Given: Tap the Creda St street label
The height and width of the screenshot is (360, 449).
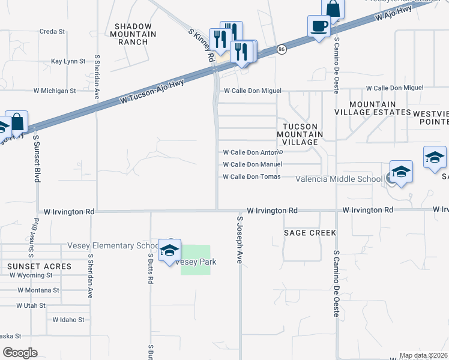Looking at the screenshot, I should pyautogui.click(x=52, y=31).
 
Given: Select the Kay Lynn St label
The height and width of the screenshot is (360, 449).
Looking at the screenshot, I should pyautogui.click(x=65, y=61).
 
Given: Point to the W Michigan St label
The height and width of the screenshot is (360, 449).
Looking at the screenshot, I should pyautogui.click(x=55, y=91).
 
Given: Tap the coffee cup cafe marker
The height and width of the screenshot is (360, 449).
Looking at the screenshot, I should pyautogui.click(x=319, y=26).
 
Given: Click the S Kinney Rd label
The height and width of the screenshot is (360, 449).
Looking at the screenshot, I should pyautogui.click(x=202, y=46).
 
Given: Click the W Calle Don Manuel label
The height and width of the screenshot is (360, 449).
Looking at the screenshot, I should pyautogui.click(x=252, y=164).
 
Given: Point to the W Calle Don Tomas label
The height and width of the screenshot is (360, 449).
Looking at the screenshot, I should pyautogui.click(x=252, y=177).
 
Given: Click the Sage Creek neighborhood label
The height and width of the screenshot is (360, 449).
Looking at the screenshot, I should pyautogui.click(x=310, y=232).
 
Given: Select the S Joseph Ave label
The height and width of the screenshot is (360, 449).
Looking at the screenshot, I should pyautogui.click(x=240, y=240).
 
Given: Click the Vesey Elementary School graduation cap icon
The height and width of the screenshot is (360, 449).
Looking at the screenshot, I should pyautogui.click(x=169, y=250).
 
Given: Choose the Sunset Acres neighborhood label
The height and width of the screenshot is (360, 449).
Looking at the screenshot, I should pyautogui.click(x=39, y=266).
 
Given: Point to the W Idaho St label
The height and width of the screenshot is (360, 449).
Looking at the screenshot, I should pyautogui.click(x=68, y=320).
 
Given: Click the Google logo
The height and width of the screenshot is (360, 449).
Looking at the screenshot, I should pyautogui.click(x=19, y=352).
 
